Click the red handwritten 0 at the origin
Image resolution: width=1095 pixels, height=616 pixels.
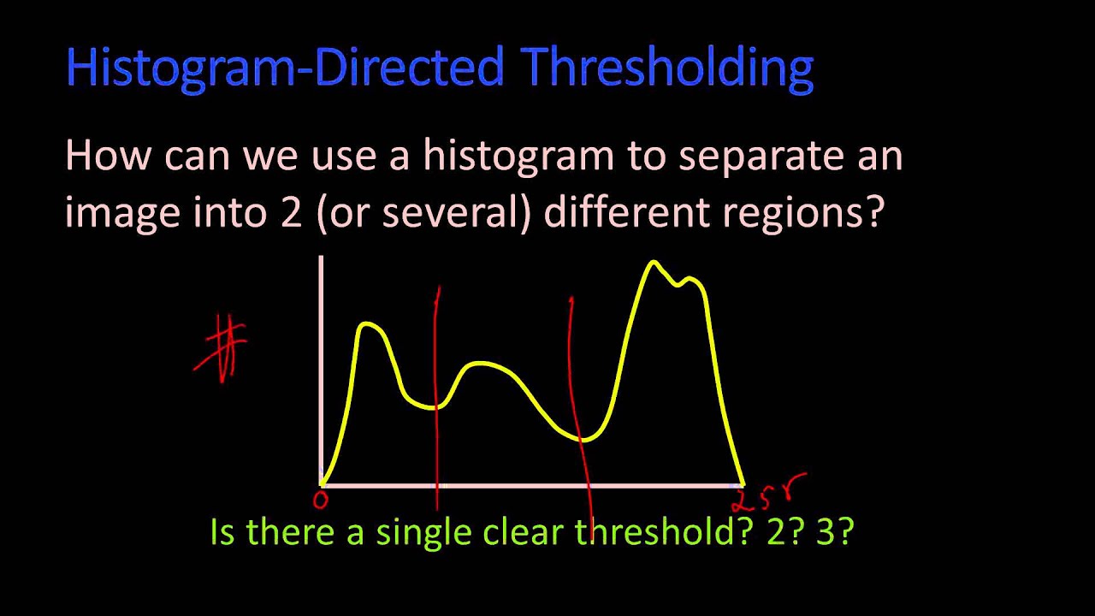pos(321,499)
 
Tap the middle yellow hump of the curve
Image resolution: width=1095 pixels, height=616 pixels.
pos(483,365)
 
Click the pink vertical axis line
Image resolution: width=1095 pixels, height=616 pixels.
pos(321,368)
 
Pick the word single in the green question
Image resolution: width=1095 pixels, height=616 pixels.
pos(425,532)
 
